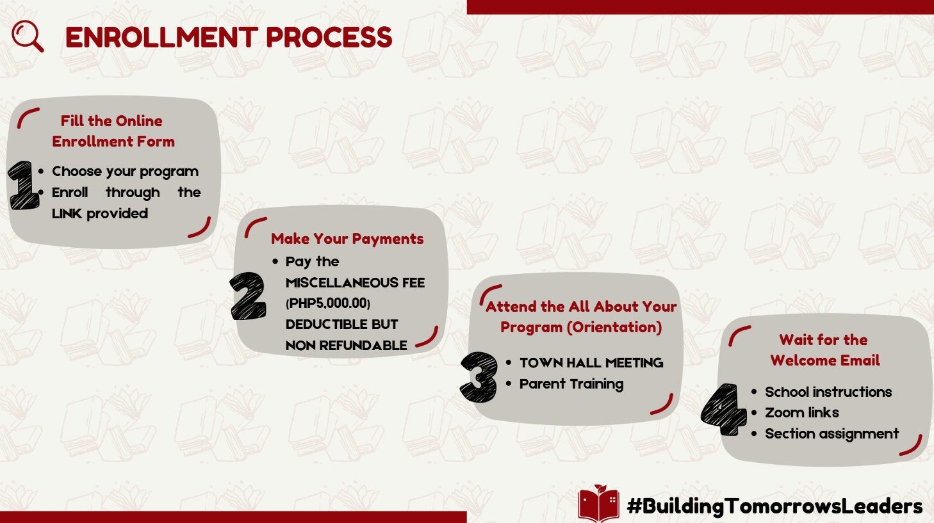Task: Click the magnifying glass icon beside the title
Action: [28, 36]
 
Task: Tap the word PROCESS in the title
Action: [329, 38]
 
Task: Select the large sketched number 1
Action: [24, 185]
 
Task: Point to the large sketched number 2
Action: [248, 296]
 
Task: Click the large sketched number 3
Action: [479, 377]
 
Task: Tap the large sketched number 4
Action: [723, 410]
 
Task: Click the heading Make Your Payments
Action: [347, 239]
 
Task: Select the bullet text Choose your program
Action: [125, 172]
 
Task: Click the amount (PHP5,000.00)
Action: [328, 303]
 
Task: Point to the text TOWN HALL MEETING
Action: [591, 363]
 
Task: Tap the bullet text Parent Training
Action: [571, 384]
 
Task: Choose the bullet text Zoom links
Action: [802, 412]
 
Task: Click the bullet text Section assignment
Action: [832, 434]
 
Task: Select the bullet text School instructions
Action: [828, 392]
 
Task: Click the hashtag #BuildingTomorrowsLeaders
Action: [774, 506]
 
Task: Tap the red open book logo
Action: [598, 503]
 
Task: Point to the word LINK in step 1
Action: [67, 214]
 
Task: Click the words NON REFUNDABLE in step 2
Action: [346, 346]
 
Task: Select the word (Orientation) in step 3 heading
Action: [614, 328]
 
